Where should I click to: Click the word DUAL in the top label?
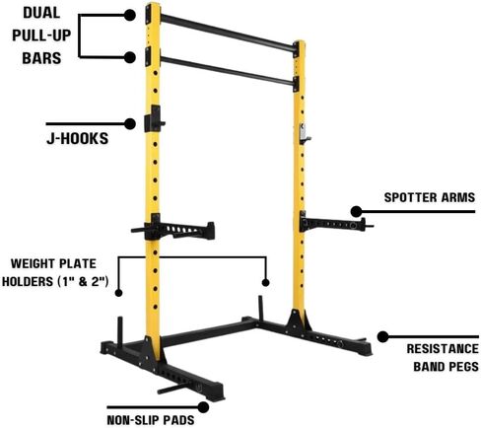[x=41, y=13]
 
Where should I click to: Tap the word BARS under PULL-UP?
[x=41, y=58]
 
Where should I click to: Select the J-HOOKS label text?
[x=78, y=138]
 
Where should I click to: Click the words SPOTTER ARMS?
[x=430, y=197]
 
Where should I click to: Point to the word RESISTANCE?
[x=443, y=349]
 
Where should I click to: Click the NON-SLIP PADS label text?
[x=151, y=420]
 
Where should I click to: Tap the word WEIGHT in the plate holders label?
[x=31, y=263]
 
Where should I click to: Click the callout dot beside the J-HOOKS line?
[x=130, y=124]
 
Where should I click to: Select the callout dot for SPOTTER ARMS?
[x=356, y=212]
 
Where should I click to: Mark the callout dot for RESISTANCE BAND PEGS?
[x=382, y=336]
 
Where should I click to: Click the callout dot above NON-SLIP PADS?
[x=203, y=407]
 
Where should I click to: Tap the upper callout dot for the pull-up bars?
[x=130, y=15]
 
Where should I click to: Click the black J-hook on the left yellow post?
[x=154, y=119]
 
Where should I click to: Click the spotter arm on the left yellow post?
[x=174, y=228]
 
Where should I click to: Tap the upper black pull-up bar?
[x=228, y=33]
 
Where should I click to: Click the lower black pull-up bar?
[x=227, y=70]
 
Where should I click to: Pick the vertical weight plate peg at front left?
[x=120, y=332]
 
